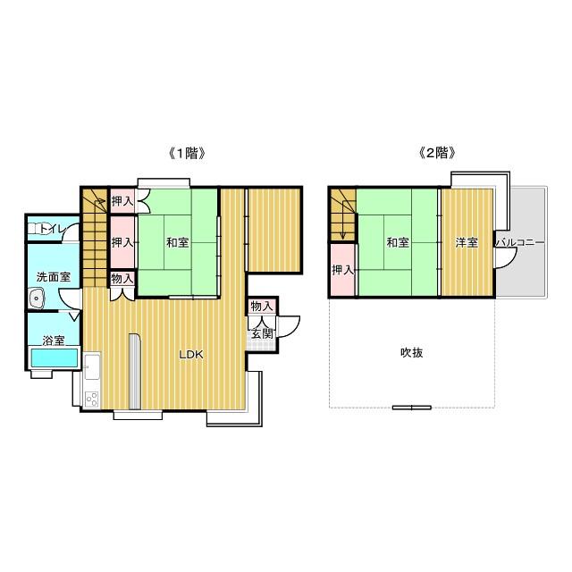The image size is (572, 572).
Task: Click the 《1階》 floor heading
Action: tap(187, 153)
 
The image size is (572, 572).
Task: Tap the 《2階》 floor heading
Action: tap(437, 153)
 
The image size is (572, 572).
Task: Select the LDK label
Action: tap(191, 355)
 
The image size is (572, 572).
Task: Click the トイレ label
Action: tap(52, 229)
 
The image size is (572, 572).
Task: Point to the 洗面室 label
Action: tap(54, 277)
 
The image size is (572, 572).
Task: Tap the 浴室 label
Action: tap(54, 341)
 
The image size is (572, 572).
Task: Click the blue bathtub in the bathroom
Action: tap(55, 357)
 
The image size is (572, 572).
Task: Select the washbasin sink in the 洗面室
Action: tap(36, 299)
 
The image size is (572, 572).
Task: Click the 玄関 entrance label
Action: tap(262, 333)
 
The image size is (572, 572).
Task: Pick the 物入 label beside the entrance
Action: tap(262, 307)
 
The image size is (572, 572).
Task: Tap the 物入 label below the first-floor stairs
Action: tap(122, 279)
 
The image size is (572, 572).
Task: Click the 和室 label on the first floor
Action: tap(177, 242)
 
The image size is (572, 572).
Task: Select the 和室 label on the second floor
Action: tap(398, 242)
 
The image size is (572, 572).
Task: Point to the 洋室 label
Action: tap(467, 242)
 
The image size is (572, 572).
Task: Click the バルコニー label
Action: tap(520, 242)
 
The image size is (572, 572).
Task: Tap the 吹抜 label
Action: tap(412, 353)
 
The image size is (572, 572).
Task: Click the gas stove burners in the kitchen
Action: tap(92, 399)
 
